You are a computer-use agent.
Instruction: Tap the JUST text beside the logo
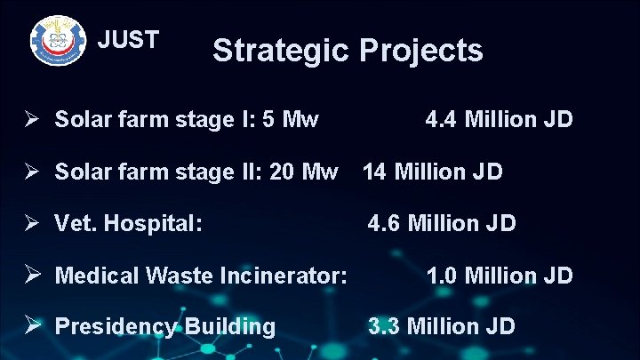tap(128, 40)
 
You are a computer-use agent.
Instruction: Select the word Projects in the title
tap(421, 51)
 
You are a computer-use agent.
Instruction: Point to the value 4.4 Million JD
tap(499, 119)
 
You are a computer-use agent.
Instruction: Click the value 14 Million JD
tap(432, 171)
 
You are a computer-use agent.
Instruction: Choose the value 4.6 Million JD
tap(442, 223)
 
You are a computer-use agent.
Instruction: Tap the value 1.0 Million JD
tap(499, 276)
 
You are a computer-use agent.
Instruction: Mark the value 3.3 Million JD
tap(442, 327)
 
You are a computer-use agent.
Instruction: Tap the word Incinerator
tap(285, 276)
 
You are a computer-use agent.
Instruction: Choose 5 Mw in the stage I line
tap(291, 119)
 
